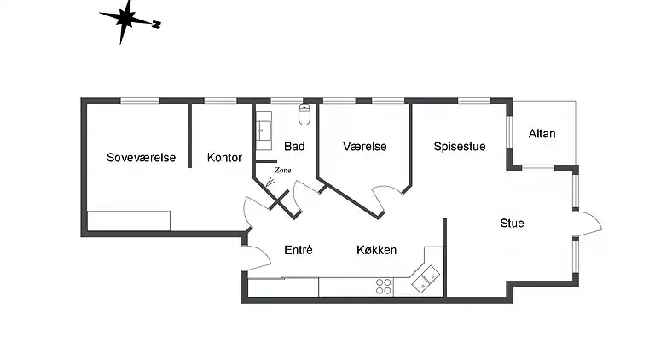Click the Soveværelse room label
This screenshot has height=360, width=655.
coord(141,158)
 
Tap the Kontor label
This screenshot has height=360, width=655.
coord(224,158)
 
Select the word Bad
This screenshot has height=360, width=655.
coord(294,147)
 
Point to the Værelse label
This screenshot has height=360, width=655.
coord(364,147)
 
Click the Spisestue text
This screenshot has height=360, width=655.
coord(459,147)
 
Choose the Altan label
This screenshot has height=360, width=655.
coord(542,134)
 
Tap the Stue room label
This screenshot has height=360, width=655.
coord(512,224)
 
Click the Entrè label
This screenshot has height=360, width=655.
coord(299,250)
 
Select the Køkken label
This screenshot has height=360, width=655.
coord(376,250)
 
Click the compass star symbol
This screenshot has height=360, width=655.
coord(125,20)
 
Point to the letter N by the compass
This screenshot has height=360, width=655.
coord(156,25)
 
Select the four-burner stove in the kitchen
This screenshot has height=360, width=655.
coord(384,287)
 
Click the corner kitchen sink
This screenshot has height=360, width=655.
coord(426,278)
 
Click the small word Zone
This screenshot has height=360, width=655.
coord(283,171)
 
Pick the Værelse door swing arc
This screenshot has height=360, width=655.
coord(385,197)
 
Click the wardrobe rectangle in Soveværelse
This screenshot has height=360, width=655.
coord(129,220)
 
